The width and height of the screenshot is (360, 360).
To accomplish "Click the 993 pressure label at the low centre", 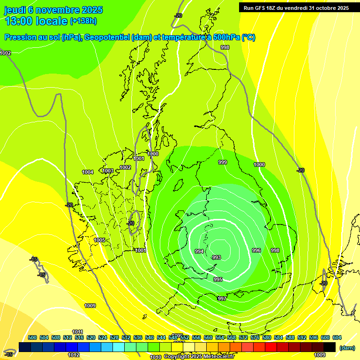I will [217, 257].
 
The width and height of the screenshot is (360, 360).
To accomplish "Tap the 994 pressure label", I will [199, 252].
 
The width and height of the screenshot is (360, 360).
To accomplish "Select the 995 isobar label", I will [218, 279].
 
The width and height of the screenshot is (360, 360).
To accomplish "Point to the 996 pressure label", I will [256, 250].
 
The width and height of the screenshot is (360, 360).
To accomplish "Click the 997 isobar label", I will [222, 299].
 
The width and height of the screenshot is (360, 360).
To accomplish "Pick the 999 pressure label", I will [223, 162].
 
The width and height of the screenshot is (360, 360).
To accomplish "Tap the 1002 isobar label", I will [125, 167].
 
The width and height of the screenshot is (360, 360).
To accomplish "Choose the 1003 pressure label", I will [108, 171].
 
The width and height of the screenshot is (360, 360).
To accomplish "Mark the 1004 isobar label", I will [88, 172].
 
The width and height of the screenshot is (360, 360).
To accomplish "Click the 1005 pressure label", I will [99, 240].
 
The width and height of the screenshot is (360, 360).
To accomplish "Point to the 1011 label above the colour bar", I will [78, 332].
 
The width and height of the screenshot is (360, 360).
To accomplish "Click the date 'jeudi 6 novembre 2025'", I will [53, 10].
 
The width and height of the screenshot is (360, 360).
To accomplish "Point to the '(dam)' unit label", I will [347, 348].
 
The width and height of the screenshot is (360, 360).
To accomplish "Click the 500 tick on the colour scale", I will [32, 337].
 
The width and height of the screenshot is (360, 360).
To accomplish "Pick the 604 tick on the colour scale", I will [337, 337].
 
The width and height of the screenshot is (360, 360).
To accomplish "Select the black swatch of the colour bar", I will [329, 347].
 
